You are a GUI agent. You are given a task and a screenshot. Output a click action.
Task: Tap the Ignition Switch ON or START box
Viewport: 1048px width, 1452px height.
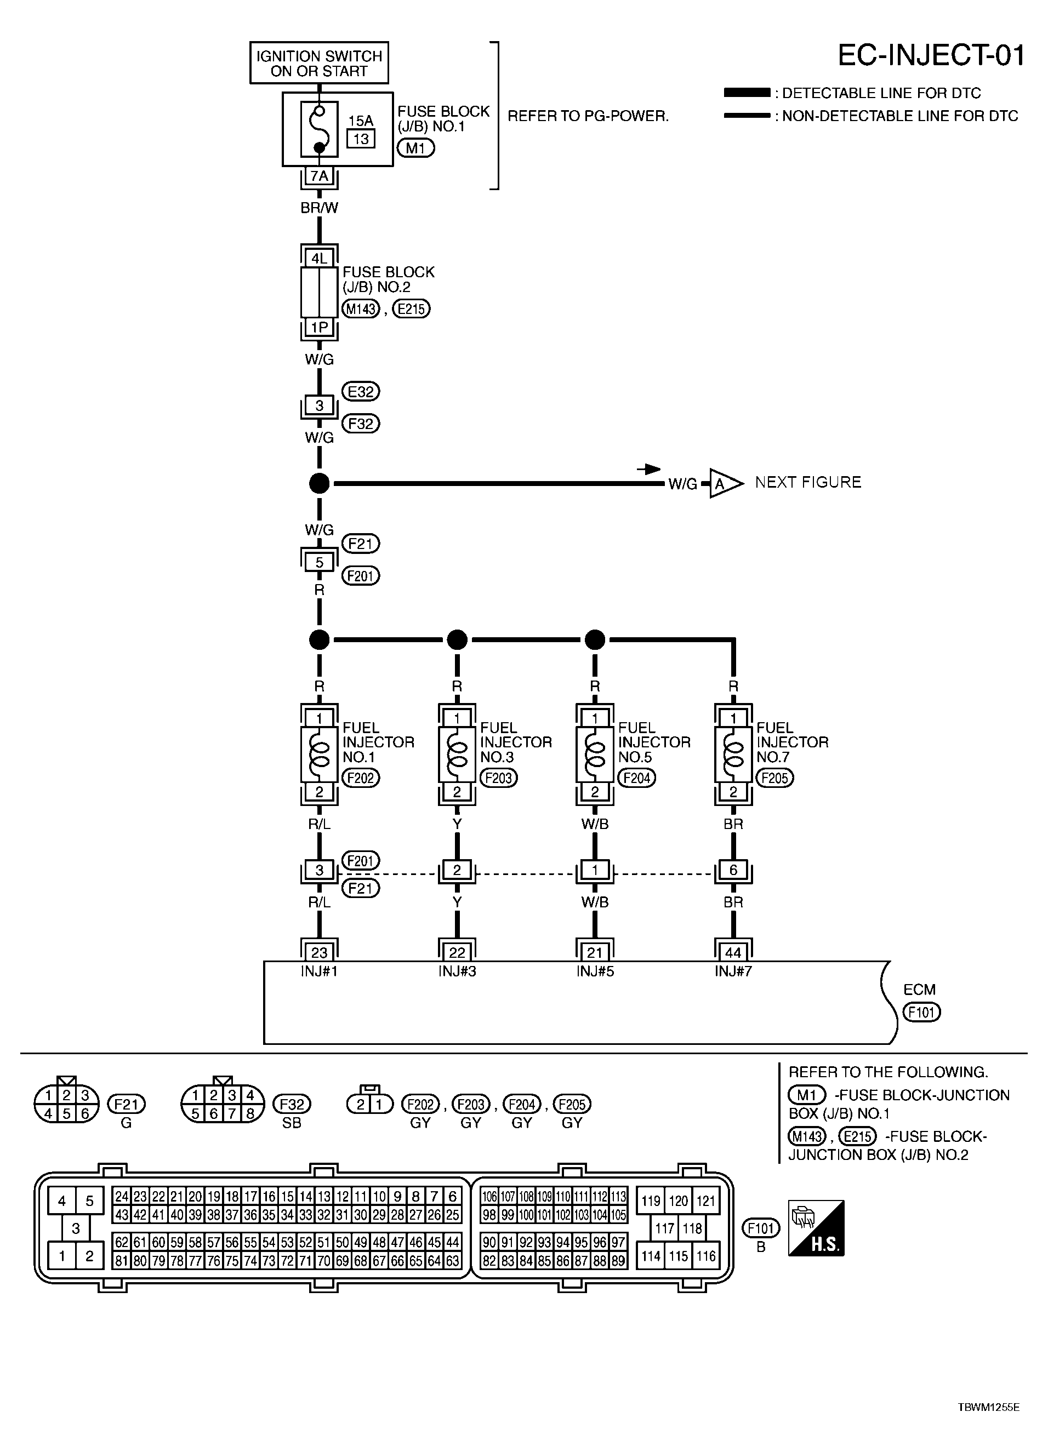(x=319, y=63)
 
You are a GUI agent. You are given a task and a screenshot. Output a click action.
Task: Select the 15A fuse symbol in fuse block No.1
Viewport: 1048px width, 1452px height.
(x=319, y=129)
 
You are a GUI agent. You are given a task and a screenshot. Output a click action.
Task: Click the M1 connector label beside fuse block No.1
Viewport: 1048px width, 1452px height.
(x=415, y=148)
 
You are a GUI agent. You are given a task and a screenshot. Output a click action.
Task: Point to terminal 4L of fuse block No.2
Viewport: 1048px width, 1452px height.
(x=319, y=259)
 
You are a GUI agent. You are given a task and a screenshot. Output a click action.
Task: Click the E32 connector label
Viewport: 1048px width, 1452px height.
(x=361, y=391)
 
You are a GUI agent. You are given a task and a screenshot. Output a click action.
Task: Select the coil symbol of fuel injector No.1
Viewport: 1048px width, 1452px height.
(x=319, y=753)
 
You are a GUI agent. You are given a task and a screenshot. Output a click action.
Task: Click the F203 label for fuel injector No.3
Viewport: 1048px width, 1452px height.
(x=498, y=778)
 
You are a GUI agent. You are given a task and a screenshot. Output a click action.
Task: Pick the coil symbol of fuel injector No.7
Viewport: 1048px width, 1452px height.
(x=733, y=753)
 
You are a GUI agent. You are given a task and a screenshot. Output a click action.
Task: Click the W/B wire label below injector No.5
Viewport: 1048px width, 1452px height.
(x=595, y=824)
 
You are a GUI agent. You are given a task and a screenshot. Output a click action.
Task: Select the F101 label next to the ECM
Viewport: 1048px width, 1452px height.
(x=921, y=1012)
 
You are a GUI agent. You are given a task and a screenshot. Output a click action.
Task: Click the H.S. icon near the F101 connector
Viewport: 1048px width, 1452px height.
(x=816, y=1228)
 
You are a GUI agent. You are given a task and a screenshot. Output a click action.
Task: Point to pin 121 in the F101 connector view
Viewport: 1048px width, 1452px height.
(x=705, y=1201)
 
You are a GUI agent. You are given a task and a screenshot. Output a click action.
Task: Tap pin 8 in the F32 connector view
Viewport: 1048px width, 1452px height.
(x=250, y=1113)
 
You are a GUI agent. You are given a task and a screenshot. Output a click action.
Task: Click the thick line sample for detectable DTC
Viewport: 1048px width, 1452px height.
(x=747, y=93)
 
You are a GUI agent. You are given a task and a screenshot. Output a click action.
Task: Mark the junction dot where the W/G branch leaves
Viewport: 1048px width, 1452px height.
(x=319, y=483)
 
